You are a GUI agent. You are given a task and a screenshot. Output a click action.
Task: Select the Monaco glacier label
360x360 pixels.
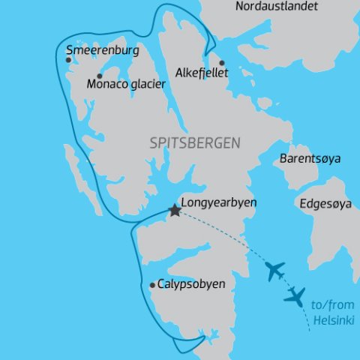click(x=126, y=84)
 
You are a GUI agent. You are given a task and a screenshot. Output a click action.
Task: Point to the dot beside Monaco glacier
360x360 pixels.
click(x=100, y=76)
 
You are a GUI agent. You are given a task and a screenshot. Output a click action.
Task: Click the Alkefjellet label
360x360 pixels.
click(x=200, y=73)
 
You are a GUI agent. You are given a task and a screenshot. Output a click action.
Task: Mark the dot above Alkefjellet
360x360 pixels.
click(x=221, y=63)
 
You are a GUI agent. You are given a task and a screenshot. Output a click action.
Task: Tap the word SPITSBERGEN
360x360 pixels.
click(x=195, y=142)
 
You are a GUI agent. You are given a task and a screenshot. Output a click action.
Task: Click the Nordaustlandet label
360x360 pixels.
click(x=276, y=7)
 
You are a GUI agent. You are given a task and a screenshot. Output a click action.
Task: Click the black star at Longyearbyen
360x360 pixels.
click(x=175, y=211)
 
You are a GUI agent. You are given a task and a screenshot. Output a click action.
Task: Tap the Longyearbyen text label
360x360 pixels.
click(x=220, y=202)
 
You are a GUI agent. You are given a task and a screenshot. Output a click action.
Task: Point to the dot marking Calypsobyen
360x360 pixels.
click(x=153, y=285)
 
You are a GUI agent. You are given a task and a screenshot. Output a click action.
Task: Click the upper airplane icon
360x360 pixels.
click(x=276, y=270)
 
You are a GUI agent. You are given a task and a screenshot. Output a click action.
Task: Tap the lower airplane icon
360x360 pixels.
click(x=295, y=295)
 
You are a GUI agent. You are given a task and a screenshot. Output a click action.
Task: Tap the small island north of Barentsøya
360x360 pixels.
click(x=264, y=103)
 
